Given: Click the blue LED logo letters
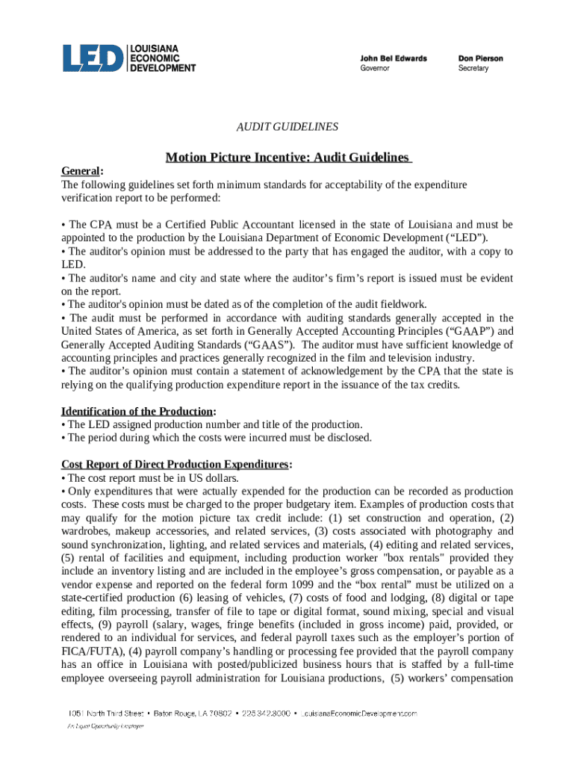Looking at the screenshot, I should (x=93, y=58).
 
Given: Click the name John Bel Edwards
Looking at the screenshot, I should (x=394, y=58).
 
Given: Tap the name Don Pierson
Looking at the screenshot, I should (x=480, y=58).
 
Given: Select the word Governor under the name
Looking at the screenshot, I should (x=375, y=69).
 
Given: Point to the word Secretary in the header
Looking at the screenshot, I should (x=473, y=69).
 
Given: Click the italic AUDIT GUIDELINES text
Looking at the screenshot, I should (x=287, y=127).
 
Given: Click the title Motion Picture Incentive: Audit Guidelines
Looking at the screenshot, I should (x=287, y=158).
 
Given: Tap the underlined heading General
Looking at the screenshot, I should (x=81, y=171).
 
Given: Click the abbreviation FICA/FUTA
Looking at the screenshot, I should (x=89, y=651).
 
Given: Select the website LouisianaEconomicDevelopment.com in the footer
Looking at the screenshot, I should (x=359, y=715).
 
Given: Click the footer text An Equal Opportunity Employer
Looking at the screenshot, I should (x=102, y=726).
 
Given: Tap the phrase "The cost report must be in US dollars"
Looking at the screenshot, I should (x=152, y=478).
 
